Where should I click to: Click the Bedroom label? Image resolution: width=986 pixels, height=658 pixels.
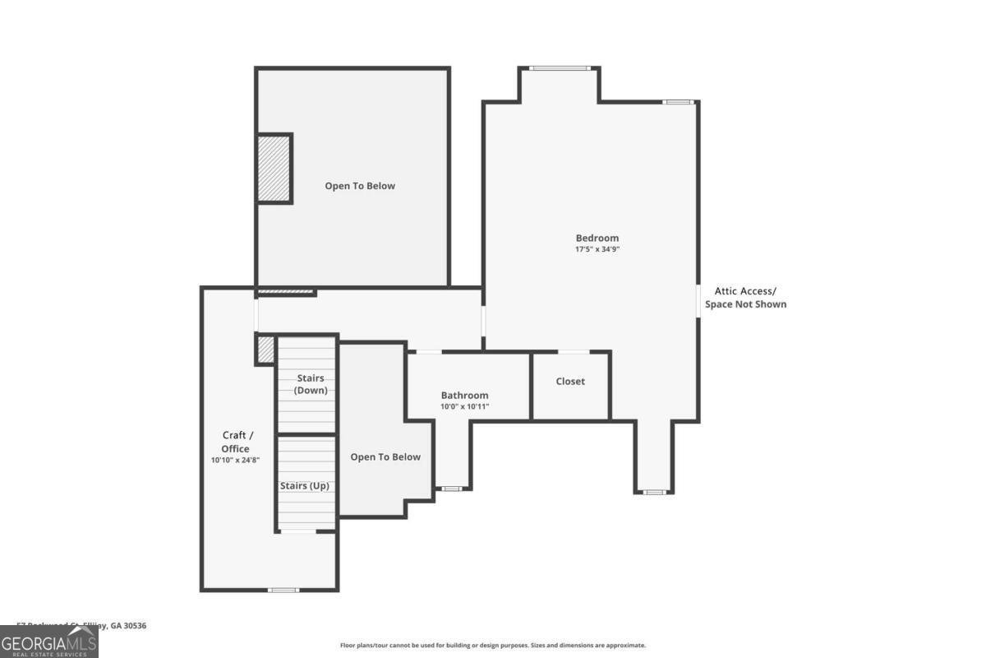(597, 239)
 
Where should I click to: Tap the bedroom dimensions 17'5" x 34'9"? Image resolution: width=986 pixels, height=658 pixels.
(597, 249)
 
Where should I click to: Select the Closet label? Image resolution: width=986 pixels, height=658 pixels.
(570, 382)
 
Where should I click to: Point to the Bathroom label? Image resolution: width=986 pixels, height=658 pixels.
(464, 396)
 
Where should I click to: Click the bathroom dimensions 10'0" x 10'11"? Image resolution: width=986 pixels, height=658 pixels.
(464, 406)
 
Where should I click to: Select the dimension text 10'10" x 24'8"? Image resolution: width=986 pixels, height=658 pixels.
(235, 460)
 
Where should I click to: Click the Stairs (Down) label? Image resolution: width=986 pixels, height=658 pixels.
(310, 384)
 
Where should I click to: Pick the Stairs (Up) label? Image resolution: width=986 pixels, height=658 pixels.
(305, 486)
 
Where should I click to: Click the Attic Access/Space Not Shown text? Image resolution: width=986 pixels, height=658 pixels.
(745, 298)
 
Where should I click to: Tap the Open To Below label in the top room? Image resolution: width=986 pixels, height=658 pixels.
(360, 186)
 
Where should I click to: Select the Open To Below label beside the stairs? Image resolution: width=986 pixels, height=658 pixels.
(385, 457)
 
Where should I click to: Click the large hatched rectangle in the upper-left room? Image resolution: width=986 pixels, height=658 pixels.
(274, 169)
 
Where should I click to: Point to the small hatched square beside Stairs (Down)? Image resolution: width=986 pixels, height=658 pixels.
(265, 349)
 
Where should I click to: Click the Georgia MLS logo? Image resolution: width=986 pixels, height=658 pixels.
(49, 642)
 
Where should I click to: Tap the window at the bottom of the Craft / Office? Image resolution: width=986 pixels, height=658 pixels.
(283, 590)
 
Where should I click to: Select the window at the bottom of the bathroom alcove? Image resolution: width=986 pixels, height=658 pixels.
(451, 489)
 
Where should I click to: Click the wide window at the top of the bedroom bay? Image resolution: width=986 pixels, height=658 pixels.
(559, 68)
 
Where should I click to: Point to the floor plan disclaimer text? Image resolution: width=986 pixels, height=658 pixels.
(493, 646)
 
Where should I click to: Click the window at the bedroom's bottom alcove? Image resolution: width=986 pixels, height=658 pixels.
(654, 492)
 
